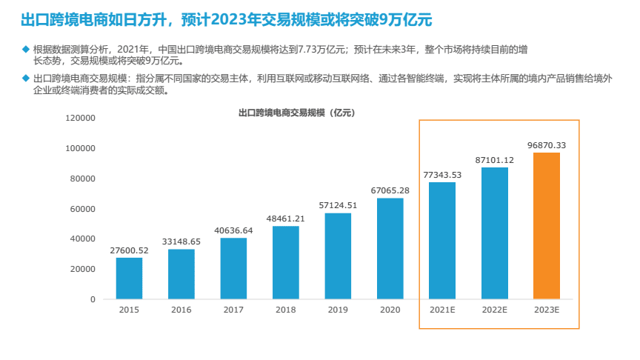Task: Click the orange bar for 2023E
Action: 547,226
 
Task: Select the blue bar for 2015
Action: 129,279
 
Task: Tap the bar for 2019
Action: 338,256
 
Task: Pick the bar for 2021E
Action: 442,241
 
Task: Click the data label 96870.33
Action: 547,145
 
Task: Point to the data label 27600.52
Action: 129,250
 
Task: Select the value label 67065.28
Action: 390,190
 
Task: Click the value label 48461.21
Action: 286,219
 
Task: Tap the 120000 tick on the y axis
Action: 81,118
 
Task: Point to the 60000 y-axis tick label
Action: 83,209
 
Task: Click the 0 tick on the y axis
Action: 93,299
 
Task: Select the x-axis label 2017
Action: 233,310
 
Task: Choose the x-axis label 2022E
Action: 494,310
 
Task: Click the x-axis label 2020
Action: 390,310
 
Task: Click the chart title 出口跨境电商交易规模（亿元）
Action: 296,113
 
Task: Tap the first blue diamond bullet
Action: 25,49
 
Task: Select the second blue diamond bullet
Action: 25,77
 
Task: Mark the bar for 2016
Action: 181,274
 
